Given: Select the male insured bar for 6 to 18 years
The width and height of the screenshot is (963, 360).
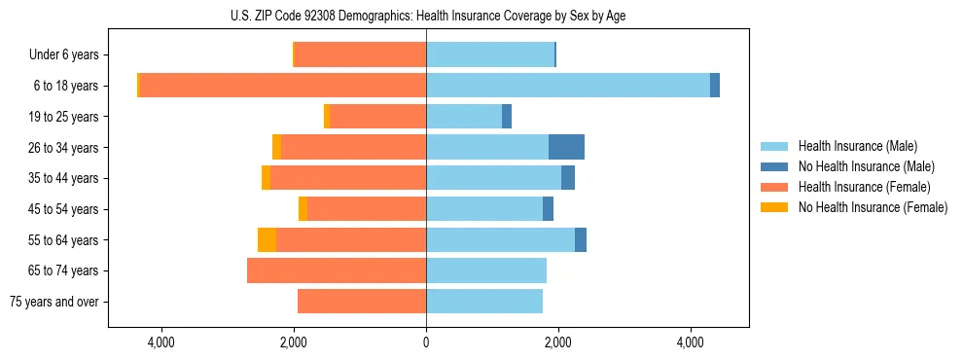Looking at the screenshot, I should point(568,86).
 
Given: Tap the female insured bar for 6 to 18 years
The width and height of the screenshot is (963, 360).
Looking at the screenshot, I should point(283,86).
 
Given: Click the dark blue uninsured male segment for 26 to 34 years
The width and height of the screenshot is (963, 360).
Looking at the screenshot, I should point(566,147).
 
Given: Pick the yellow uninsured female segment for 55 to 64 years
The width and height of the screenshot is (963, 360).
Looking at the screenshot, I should point(267,239).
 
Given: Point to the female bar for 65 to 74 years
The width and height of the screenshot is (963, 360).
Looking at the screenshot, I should point(337,270).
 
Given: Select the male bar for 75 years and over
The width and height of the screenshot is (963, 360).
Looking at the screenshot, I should point(484,302).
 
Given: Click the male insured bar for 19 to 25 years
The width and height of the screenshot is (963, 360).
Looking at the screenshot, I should point(464,117).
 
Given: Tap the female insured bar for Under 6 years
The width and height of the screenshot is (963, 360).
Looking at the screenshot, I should point(360,54).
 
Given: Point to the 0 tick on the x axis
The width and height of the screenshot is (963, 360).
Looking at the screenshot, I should point(426,342).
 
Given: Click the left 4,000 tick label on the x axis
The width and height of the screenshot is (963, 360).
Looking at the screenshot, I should point(160,342).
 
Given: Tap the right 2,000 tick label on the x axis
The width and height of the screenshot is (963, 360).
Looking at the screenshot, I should point(558,342).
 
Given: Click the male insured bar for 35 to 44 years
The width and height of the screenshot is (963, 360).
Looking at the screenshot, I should point(493,178).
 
